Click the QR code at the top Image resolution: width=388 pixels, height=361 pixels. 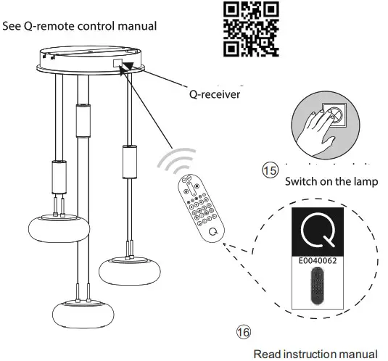click(x=250, y=28)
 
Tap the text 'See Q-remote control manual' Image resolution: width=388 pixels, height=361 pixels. click(x=79, y=26)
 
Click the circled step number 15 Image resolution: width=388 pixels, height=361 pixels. click(x=270, y=170)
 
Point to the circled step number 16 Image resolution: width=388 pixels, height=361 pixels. click(x=245, y=331)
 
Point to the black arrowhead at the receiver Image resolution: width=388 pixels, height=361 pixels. click(x=129, y=67)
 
